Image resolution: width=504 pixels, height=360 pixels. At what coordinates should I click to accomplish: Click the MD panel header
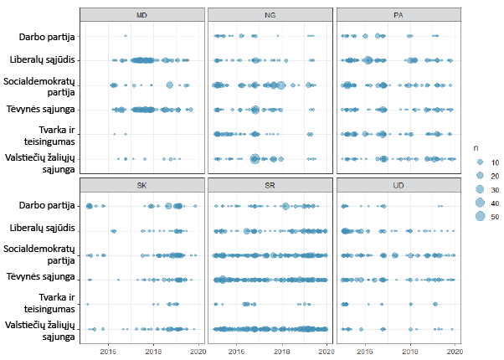pyautogui.click(x=142, y=15)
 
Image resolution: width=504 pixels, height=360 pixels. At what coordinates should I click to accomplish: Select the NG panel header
pyautogui.click(x=270, y=15)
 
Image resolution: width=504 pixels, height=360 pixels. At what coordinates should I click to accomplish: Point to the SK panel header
pyautogui.click(x=142, y=184)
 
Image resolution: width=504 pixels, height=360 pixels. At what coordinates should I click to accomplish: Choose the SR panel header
pyautogui.click(x=270, y=184)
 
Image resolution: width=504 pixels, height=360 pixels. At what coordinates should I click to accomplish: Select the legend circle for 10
pyautogui.click(x=480, y=161)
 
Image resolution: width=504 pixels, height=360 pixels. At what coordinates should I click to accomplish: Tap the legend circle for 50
pyautogui.click(x=480, y=217)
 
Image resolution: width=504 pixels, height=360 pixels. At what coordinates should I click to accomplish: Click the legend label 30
pyautogui.click(x=496, y=189)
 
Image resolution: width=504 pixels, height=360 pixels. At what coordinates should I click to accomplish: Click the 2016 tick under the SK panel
pyautogui.click(x=108, y=351)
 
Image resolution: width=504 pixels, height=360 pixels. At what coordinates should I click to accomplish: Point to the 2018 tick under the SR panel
pyautogui.click(x=281, y=351)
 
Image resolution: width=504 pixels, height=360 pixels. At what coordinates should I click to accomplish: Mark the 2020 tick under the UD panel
pyautogui.click(x=455, y=351)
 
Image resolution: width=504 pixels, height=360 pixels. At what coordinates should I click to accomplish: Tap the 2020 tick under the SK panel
pyautogui.click(x=198, y=351)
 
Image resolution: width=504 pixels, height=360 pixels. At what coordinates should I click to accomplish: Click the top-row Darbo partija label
pyautogui.click(x=47, y=36)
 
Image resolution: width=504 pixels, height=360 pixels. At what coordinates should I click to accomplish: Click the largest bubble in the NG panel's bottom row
pyautogui.click(x=255, y=159)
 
